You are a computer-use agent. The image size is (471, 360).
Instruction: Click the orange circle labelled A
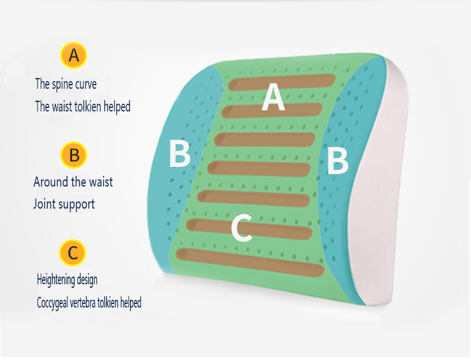pos(74,55)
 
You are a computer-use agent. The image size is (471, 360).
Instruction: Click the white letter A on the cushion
pos(273,97)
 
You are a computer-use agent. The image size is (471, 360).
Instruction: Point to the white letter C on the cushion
pos(241,228)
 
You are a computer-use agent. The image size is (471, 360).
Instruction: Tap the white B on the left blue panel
pos(179,154)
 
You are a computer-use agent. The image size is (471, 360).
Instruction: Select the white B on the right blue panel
pos(337,161)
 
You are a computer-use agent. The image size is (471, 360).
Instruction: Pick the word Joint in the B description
pos(44,204)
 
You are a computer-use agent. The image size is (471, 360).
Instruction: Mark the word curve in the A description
pos(86,84)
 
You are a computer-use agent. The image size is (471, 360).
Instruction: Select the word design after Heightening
pos(86,280)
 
